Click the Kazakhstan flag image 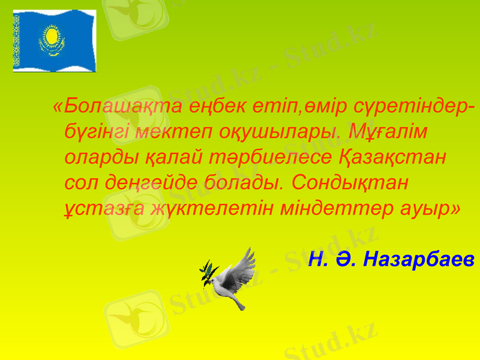pos(55,41)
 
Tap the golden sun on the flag pos(52,37)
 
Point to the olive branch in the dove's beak pos(208,273)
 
